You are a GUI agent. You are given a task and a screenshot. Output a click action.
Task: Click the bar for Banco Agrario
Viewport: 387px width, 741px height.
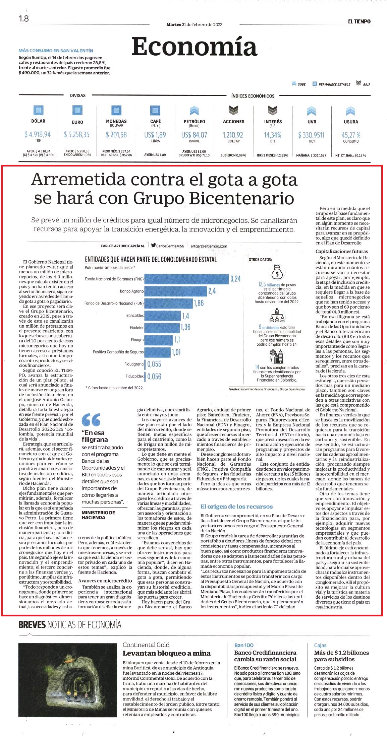(x=176, y=291)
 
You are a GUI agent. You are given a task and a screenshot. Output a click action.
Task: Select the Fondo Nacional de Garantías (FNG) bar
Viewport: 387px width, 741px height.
(x=187, y=279)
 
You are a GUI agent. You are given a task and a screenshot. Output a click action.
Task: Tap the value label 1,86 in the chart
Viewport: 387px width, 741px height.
(x=199, y=303)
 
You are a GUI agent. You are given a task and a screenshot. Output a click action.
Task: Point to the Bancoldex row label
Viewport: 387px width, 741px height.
(x=135, y=316)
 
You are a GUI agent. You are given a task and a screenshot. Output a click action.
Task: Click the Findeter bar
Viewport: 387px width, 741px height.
(x=162, y=328)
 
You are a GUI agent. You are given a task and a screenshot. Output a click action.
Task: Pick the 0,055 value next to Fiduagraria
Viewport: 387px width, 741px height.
(x=154, y=364)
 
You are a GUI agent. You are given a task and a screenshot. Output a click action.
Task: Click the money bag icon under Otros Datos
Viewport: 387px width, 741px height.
(x=277, y=272)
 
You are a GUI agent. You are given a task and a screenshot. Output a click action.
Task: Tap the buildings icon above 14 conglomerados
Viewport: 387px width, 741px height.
(x=277, y=356)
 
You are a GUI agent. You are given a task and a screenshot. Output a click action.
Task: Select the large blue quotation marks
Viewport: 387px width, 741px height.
(x=91, y=419)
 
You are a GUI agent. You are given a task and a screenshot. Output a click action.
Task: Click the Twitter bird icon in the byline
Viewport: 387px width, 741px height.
(x=153, y=245)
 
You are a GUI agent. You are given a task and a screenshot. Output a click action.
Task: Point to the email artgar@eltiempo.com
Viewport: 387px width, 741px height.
(x=209, y=246)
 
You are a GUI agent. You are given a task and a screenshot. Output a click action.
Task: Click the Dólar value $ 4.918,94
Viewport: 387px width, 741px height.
(x=38, y=135)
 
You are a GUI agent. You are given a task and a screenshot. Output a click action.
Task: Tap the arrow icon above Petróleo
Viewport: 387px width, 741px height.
(x=194, y=111)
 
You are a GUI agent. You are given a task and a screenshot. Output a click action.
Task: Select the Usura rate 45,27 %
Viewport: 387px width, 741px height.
(x=351, y=135)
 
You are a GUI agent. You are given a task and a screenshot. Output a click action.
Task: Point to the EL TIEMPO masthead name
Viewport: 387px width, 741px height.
(x=359, y=21)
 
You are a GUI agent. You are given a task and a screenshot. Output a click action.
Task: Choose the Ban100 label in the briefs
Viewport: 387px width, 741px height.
(x=244, y=645)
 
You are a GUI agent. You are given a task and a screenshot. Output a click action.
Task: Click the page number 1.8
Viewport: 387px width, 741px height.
(x=24, y=19)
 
